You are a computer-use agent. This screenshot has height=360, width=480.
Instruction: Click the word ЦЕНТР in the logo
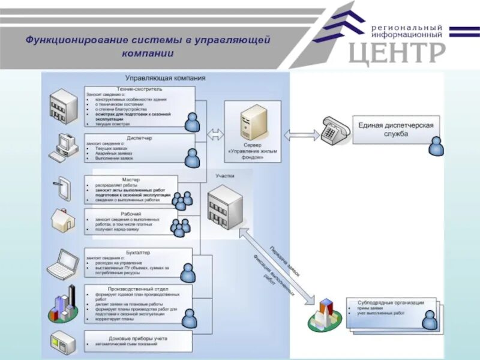pos(397,53)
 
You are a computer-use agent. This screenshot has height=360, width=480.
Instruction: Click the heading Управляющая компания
pos(165,78)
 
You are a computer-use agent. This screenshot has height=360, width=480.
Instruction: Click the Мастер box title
pos(131,179)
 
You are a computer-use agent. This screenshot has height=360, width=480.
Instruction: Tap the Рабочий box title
pos(131,214)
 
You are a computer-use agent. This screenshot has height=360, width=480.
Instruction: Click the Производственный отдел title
pos(138,289)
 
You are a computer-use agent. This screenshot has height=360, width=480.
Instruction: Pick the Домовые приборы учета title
pos(138,338)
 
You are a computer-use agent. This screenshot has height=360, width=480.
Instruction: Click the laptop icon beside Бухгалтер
pos(63,264)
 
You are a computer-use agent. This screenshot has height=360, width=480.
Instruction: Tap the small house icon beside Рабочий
pos(62,220)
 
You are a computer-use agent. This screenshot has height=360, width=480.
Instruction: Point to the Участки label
pos(225,176)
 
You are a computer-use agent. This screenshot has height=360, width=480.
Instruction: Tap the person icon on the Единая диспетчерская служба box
pos(436,146)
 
